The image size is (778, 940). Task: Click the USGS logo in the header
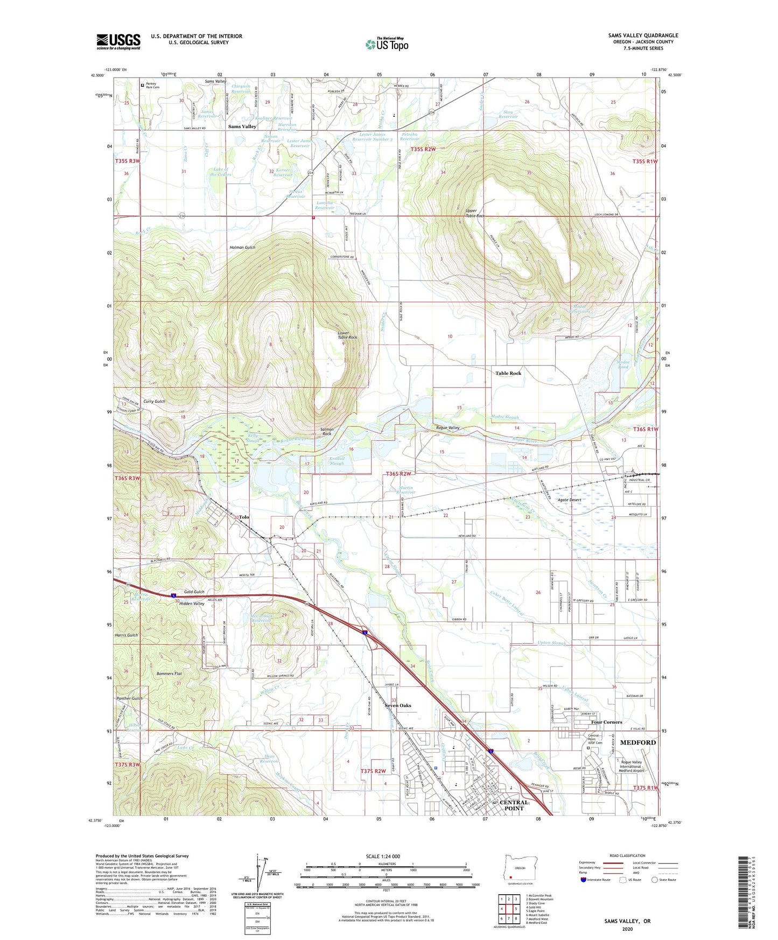(118, 41)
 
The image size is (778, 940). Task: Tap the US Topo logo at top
(387, 44)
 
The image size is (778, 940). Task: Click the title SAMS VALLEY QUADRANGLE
(643, 36)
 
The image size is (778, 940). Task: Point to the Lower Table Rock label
(347, 335)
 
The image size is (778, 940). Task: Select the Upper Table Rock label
(475, 213)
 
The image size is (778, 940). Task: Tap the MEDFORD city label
(638, 742)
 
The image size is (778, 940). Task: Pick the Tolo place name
(244, 517)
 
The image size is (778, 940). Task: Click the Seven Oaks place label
(398, 705)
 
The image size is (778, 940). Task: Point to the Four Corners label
(606, 722)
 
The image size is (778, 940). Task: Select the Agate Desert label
(569, 500)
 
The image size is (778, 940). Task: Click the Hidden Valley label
(191, 604)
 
